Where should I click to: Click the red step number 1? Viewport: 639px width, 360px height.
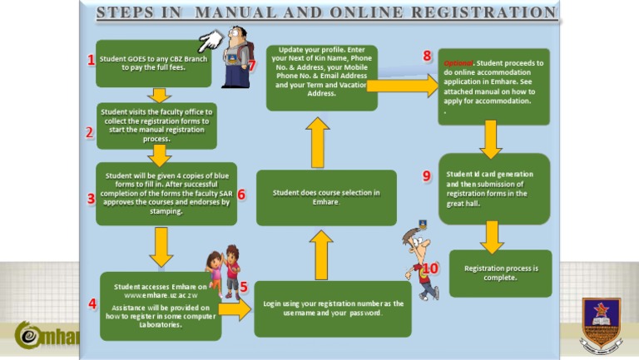point(91,60)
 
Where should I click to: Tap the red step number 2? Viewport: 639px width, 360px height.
point(89,131)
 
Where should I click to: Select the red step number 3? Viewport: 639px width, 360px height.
point(91,199)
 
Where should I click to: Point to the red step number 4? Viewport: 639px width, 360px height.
point(92,303)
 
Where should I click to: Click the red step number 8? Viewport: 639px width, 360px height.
point(427,56)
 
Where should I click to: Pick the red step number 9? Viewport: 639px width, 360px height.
point(427,176)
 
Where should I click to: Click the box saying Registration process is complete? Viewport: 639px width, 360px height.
point(500,274)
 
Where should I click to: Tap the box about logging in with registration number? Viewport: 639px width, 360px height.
point(332,308)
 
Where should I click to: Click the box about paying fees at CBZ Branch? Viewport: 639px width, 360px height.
point(153,63)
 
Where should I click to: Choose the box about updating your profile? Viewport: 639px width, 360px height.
point(321,77)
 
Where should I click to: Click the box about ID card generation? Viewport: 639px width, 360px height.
point(494,189)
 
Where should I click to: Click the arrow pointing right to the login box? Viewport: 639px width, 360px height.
point(235,309)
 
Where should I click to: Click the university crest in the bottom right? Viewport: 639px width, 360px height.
point(601,325)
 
